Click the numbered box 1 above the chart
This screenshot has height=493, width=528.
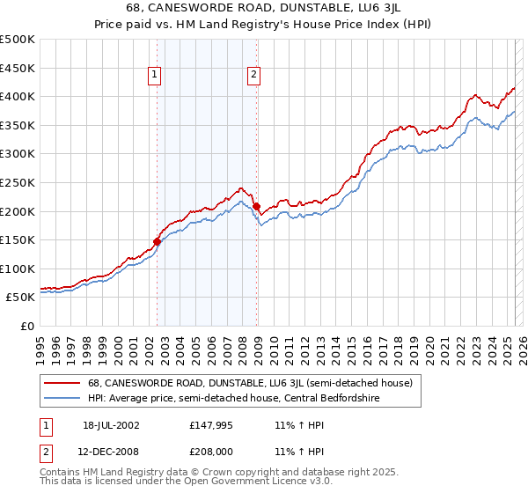tap(154, 76)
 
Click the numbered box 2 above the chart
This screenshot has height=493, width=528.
tap(253, 76)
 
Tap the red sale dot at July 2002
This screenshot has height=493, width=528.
tap(157, 240)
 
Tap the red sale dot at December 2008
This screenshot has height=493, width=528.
tap(256, 206)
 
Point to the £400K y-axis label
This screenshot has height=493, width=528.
tap(18, 97)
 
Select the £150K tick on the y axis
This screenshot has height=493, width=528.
tap(18, 239)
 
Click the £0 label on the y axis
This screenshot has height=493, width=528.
tap(27, 326)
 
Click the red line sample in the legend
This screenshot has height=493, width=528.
tap(61, 383)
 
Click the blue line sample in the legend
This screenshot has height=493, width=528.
tap(61, 398)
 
